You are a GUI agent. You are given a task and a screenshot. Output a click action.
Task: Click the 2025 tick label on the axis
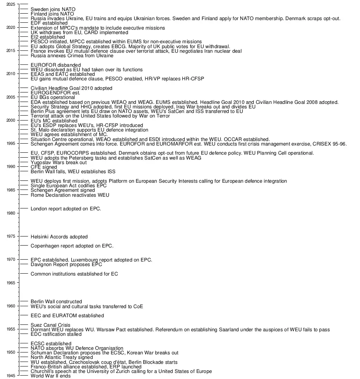(x=11, y=4)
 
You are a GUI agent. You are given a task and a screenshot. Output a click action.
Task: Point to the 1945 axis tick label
(x=11, y=376)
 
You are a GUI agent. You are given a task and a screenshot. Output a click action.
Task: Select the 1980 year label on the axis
(x=11, y=213)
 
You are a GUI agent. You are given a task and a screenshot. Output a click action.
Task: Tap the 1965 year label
(x=11, y=283)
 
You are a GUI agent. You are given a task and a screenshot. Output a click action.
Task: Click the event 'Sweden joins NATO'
(x=53, y=9)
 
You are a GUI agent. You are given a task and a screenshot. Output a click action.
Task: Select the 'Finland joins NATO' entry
(x=52, y=14)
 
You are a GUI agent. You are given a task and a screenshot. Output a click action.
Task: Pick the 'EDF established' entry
(x=49, y=23)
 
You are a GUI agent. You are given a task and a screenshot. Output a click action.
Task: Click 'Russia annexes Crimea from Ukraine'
(x=72, y=56)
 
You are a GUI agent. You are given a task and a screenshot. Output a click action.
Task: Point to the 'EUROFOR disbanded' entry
(x=55, y=65)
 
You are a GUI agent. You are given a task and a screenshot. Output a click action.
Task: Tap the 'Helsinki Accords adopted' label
(x=59, y=237)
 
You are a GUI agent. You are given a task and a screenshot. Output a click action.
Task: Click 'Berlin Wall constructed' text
(x=56, y=302)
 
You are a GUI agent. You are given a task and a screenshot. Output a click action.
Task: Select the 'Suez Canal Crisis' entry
(x=50, y=325)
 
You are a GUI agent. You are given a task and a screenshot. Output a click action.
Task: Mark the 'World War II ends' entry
(x=50, y=376)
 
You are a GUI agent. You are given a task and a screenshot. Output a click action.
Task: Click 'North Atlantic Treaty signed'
(x=61, y=357)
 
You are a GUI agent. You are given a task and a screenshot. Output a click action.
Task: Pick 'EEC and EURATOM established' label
(x=67, y=316)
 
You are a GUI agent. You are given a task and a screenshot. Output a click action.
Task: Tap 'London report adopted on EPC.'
(x=66, y=209)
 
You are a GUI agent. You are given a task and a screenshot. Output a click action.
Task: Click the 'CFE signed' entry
(x=44, y=167)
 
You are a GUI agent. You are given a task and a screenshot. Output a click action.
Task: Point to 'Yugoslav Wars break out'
(x=58, y=163)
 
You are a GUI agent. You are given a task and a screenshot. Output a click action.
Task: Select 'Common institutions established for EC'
(x=71, y=274)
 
